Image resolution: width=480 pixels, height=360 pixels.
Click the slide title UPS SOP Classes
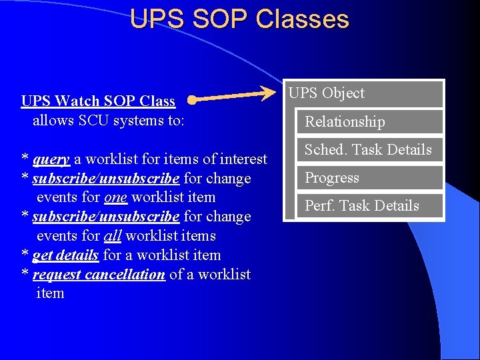pyautogui.click(x=239, y=19)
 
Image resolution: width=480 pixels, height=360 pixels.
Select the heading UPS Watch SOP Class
pyautogui.click(x=98, y=101)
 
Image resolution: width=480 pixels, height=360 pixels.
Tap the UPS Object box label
pyautogui.click(x=327, y=93)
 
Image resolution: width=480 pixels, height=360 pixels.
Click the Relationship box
pyautogui.click(x=369, y=121)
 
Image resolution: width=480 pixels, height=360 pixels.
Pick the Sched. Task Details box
pyautogui.click(x=369, y=150)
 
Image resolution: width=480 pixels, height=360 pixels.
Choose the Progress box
pyautogui.click(x=369, y=178)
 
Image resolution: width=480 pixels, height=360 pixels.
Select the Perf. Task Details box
pyautogui.click(x=369, y=206)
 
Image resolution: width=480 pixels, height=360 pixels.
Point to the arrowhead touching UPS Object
pyautogui.click(x=275, y=92)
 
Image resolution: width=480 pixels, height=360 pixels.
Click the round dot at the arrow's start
pyautogui.click(x=191, y=101)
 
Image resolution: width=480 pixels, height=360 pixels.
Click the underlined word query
pyautogui.click(x=51, y=159)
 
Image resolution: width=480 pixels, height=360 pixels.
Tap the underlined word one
pyautogui.click(x=115, y=197)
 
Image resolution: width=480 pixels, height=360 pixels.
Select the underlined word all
pyautogui.click(x=113, y=236)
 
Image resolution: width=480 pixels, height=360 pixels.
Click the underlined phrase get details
pyautogui.click(x=65, y=255)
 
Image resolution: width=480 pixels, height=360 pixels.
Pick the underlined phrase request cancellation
pyautogui.click(x=99, y=275)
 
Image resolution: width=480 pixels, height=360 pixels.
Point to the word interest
pyautogui.click(x=241, y=159)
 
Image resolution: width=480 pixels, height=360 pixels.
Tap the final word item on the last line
pyautogui.click(x=50, y=293)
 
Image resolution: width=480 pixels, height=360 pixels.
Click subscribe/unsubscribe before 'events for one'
pyautogui.click(x=105, y=179)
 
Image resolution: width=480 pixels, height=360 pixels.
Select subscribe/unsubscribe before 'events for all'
pyautogui.click(x=105, y=217)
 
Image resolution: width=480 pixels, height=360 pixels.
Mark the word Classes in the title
pyautogui.click(x=302, y=19)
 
